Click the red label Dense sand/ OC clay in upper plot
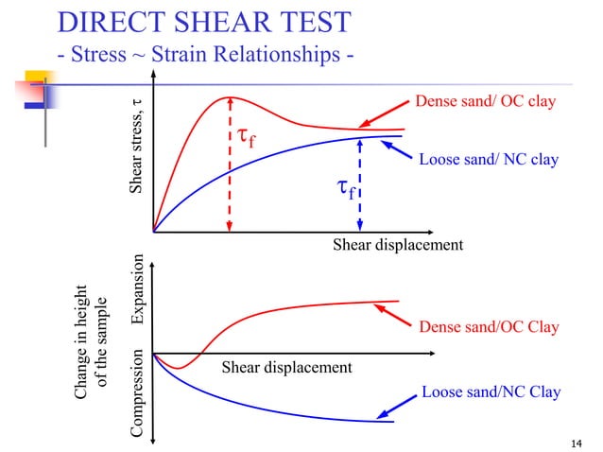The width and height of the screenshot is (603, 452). [485, 100]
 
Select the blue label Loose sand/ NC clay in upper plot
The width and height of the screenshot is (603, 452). [488, 160]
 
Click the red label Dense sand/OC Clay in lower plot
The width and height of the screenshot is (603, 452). [489, 327]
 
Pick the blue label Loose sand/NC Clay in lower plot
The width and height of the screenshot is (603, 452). [491, 391]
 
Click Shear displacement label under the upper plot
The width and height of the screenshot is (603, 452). [397, 245]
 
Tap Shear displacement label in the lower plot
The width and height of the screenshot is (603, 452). [285, 367]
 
